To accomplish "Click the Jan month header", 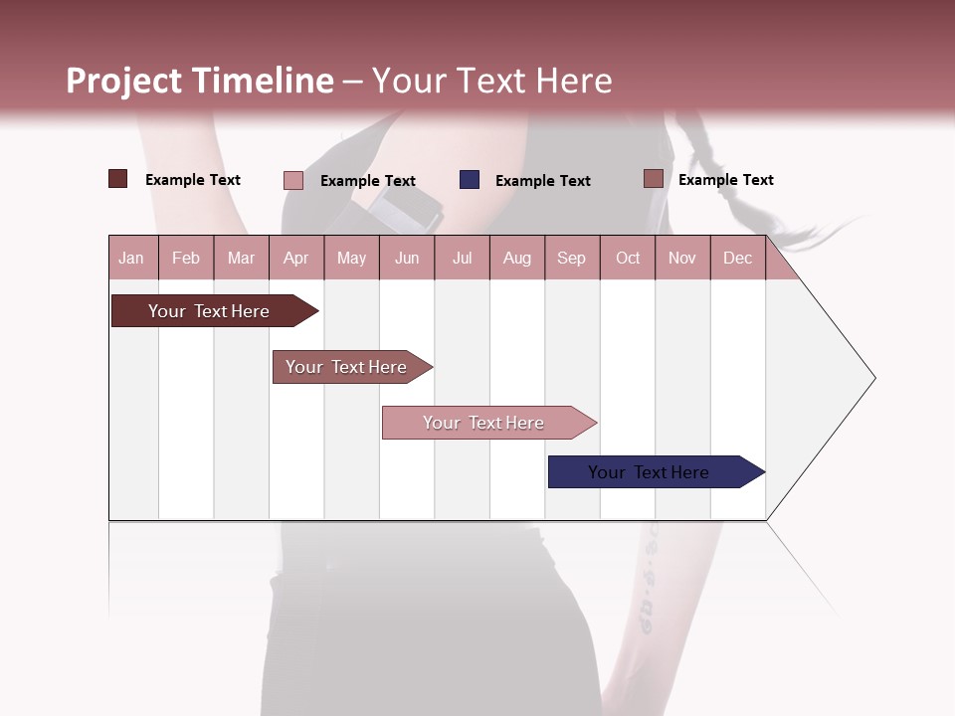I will click(131, 258).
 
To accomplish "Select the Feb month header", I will click(186, 258).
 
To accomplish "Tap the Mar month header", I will click(241, 258).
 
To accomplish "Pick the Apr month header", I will click(295, 258).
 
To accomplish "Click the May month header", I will click(351, 258).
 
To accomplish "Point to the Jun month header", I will click(407, 258).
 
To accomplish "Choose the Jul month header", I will click(462, 258).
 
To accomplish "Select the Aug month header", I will click(516, 258).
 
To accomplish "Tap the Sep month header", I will click(571, 258).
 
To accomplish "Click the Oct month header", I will click(628, 258).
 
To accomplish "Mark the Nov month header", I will click(681, 258).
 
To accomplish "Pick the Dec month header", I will click(737, 258).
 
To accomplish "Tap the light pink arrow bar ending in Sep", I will click(484, 423).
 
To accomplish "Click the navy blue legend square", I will click(470, 180).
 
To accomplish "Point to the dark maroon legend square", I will click(118, 179).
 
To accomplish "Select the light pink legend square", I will click(293, 180).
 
